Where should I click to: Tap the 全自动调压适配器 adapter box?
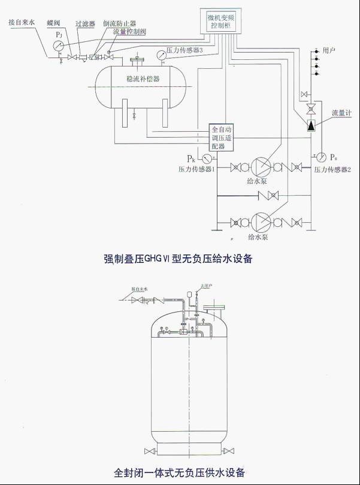pyautogui.click(x=222, y=138)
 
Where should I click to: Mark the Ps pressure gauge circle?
pyautogui.click(x=322, y=157)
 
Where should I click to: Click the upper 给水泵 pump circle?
pyautogui.click(x=259, y=166)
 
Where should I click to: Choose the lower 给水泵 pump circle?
pyautogui.click(x=259, y=222)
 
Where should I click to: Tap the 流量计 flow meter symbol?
pyautogui.click(x=311, y=126)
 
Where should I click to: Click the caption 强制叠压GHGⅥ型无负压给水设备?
pyautogui.click(x=179, y=259)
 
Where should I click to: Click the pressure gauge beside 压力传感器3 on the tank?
pyautogui.click(x=161, y=55)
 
